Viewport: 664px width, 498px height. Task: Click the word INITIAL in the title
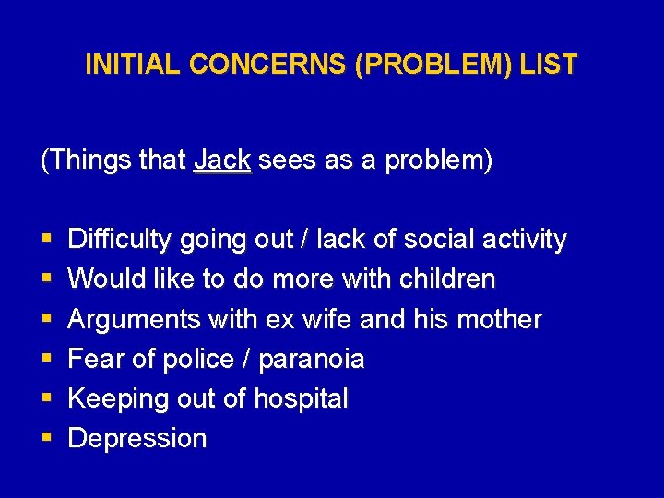click(131, 65)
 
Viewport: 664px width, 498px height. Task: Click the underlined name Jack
click(222, 160)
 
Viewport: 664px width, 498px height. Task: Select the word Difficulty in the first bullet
click(120, 240)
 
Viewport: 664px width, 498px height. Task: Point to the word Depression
click(137, 438)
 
